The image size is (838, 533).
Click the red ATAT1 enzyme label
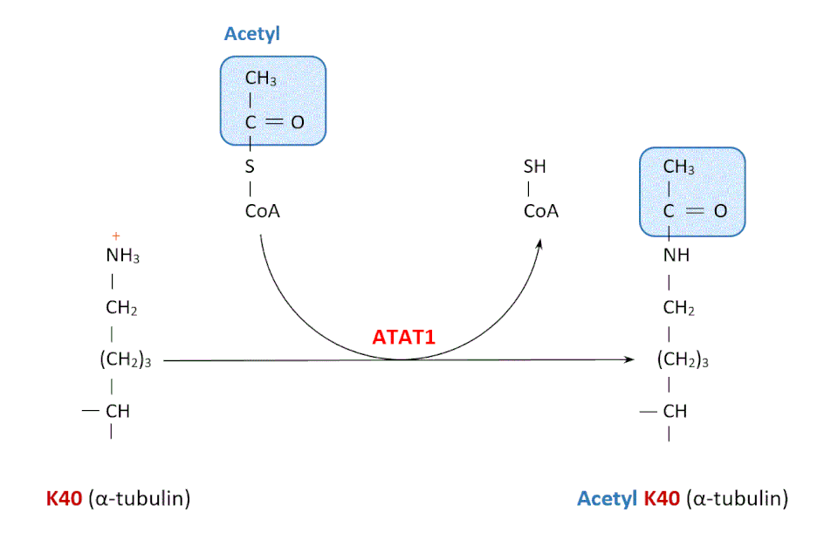[404, 336]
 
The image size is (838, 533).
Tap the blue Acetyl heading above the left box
[251, 34]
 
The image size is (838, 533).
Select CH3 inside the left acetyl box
[260, 80]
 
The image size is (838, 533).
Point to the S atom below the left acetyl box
[250, 166]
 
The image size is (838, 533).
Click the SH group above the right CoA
[534, 166]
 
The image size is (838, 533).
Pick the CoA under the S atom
[262, 211]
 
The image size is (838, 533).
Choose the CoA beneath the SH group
[541, 211]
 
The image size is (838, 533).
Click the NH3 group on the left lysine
[122, 256]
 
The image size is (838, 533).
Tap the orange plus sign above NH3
[115, 236]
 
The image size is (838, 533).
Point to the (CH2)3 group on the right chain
[682, 360]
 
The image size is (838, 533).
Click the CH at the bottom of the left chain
[117, 411]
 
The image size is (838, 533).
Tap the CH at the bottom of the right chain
[675, 411]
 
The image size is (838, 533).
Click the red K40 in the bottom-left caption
[65, 499]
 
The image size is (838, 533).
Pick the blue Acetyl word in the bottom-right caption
[607, 499]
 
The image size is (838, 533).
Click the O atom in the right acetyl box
[720, 211]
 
